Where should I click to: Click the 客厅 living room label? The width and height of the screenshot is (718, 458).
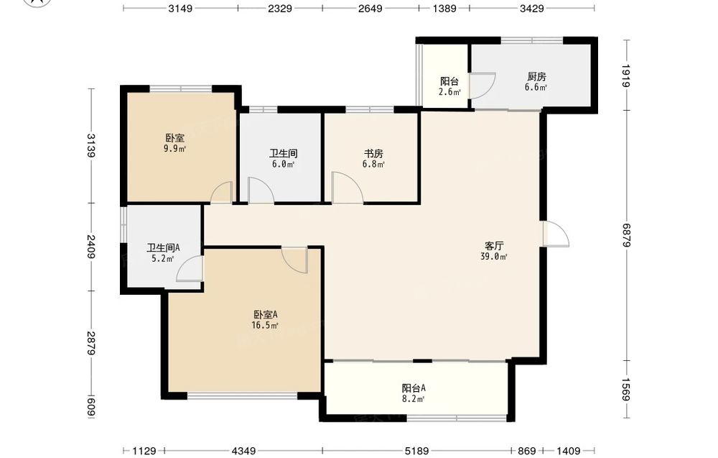tap(494, 245)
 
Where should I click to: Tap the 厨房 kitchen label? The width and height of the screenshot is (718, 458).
tap(536, 76)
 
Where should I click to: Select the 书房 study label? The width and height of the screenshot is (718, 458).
tap(373, 154)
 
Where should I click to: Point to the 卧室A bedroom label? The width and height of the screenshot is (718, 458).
tap(266, 314)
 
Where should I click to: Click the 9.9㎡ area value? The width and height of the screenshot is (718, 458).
tap(175, 149)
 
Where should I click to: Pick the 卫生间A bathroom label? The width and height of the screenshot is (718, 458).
tap(163, 248)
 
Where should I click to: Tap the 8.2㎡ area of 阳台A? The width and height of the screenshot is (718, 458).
tap(414, 399)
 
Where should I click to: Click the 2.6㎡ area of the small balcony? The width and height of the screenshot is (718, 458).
tap(449, 92)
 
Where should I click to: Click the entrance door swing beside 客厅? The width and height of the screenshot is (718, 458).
tap(556, 234)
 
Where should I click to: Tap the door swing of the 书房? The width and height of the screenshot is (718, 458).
tap(347, 187)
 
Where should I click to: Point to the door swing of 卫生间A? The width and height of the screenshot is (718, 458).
tap(189, 269)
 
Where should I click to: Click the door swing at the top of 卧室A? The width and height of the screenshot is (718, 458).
tap(294, 260)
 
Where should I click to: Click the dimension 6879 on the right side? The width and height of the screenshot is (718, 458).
tap(626, 236)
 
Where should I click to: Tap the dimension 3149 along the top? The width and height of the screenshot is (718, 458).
tap(180, 8)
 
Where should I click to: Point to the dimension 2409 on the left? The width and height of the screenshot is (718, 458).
tap(91, 247)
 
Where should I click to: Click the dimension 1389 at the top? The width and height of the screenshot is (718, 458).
tap(444, 8)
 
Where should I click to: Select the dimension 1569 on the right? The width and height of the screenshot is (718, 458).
tap(626, 389)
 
